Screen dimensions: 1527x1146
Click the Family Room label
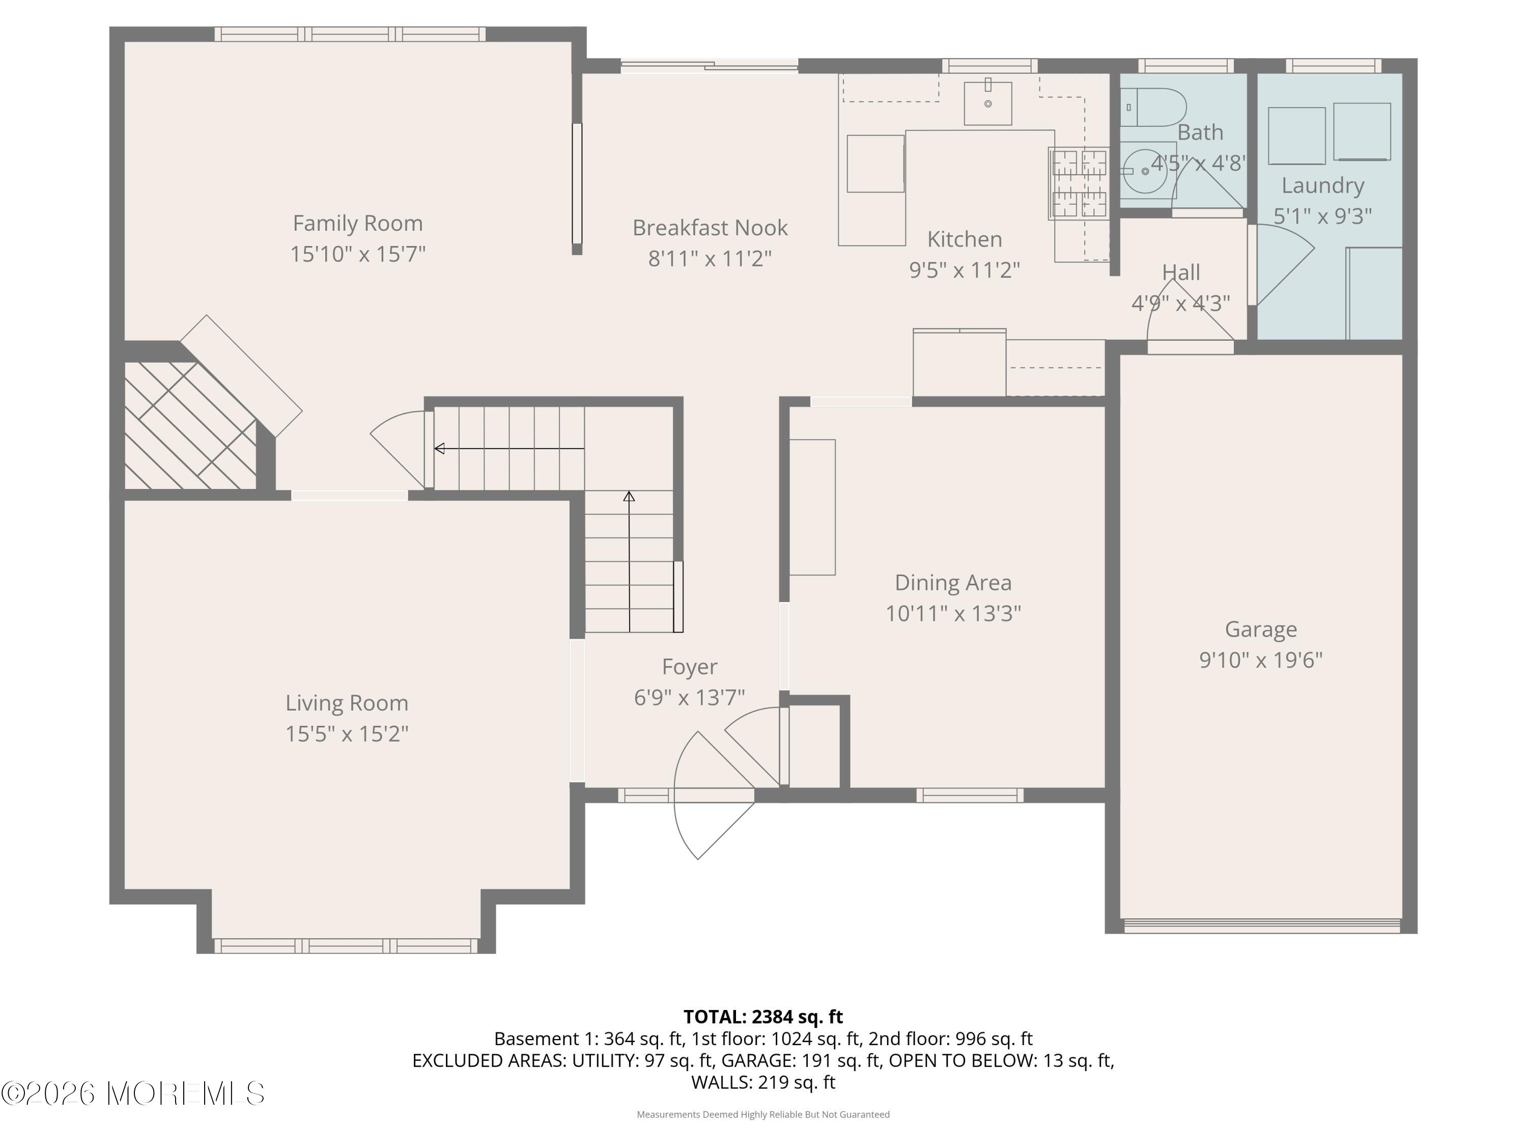click(x=358, y=223)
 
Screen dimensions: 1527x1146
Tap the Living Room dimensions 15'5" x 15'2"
click(x=347, y=733)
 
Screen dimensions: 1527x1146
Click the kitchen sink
click(x=988, y=103)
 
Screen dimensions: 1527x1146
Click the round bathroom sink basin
click(x=1145, y=170)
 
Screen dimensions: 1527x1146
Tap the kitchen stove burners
click(x=1079, y=183)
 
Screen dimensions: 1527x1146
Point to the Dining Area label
click(x=953, y=582)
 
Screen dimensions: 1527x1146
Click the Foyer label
click(x=690, y=667)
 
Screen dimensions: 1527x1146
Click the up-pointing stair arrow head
click(x=629, y=496)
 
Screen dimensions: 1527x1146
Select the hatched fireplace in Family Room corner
click(x=190, y=425)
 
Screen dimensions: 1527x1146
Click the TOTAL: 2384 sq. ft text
click(x=763, y=1017)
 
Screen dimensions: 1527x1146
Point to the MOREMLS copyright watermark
click(x=132, y=1094)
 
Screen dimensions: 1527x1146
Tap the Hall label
click(x=1181, y=272)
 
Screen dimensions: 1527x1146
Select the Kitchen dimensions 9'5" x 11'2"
click(x=965, y=269)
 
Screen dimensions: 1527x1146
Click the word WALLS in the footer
click(x=721, y=1082)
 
